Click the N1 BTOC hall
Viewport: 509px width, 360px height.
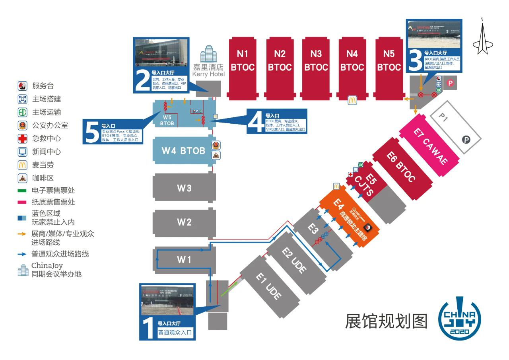243,67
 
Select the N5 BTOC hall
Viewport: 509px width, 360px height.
389,67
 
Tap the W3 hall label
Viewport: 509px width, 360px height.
184,188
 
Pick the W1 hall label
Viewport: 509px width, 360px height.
184,260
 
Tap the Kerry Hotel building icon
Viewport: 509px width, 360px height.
208,54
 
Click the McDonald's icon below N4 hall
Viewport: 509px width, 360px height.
352,100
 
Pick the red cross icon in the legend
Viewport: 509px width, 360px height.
22,138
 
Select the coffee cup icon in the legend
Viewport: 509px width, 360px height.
22,178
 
